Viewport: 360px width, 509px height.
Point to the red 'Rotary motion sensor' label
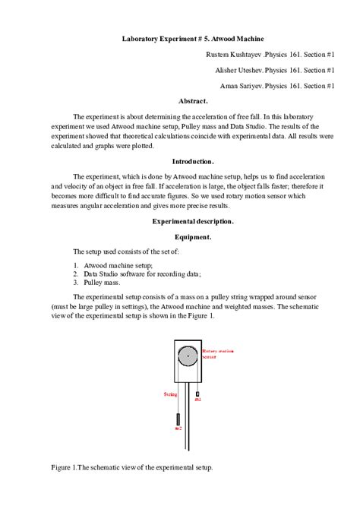[x=217, y=353]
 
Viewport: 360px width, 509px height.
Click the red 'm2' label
[x=178, y=430]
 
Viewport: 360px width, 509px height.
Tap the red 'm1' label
[x=197, y=400]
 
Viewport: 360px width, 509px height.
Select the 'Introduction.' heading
[x=193, y=161]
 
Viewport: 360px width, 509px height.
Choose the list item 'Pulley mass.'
[x=103, y=281]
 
